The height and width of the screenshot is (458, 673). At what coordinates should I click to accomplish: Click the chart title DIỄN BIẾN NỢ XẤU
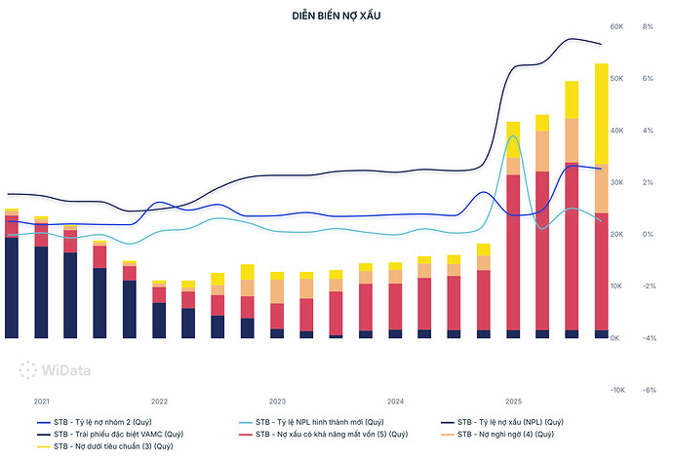pos(336,16)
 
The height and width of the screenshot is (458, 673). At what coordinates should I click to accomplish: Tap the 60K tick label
pos(616,26)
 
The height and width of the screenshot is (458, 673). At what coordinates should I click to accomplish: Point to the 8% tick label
pos(648,26)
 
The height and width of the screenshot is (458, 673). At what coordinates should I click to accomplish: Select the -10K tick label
pos(617,390)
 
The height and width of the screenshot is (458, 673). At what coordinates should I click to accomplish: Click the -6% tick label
pos(649,390)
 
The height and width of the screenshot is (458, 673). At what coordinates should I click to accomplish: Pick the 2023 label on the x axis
pos(277,401)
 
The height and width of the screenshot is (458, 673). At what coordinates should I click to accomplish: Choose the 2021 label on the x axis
pos(42,401)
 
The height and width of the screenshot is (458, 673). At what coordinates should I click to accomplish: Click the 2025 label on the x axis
pos(513,401)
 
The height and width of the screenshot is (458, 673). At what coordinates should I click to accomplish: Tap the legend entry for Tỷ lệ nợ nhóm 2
pos(95,422)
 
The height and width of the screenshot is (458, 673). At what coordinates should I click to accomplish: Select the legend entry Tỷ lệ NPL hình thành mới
pos(311,422)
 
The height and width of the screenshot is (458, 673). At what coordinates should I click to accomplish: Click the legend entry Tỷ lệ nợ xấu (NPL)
pos(502,422)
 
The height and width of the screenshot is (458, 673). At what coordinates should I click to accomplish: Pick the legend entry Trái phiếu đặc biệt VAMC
pos(110,434)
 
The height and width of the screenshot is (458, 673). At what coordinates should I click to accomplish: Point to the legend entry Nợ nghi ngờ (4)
pos(497,434)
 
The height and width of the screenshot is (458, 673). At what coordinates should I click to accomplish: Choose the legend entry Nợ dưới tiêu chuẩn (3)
pos(104,446)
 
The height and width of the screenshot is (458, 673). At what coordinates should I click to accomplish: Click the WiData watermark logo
pos(55,370)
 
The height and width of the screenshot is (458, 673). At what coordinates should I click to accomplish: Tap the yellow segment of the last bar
pos(602,114)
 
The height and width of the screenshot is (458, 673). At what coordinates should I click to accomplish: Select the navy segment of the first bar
pos(12,287)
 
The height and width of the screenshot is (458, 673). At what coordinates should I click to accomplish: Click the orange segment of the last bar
pos(602,189)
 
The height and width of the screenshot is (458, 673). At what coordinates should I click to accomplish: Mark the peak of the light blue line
pos(513,136)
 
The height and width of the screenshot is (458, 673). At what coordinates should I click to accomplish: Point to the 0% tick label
pos(648,234)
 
